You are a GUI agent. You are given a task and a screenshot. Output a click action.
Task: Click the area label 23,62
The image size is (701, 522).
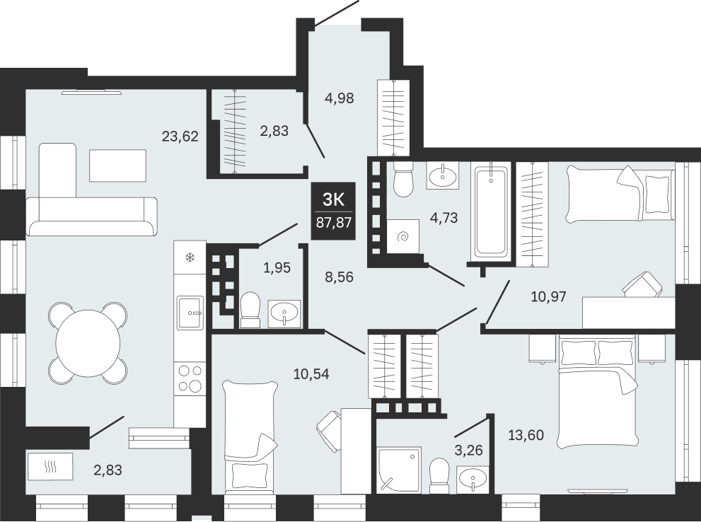180,136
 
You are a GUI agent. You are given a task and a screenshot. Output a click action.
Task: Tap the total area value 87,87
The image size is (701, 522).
333,223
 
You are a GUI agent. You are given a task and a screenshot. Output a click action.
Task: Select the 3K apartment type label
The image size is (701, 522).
333,200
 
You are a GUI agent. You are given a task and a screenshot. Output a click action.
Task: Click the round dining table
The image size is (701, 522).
88,343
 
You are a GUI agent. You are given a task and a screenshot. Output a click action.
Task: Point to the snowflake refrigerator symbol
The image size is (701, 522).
190,257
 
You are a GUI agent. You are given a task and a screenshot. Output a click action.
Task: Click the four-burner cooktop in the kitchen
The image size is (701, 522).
190,378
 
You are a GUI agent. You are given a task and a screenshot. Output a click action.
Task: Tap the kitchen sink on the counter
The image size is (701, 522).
190,313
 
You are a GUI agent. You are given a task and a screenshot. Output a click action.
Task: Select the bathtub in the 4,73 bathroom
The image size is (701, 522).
491,211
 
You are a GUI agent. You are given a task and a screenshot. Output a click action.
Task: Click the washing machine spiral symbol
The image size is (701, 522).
403,236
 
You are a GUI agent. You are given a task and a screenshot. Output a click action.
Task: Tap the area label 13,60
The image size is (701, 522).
526,434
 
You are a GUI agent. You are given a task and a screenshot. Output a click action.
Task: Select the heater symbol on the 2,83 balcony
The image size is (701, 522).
50,467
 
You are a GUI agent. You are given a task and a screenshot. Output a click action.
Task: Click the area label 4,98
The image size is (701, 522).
339,98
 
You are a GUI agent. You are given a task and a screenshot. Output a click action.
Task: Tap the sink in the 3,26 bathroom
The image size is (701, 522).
473,480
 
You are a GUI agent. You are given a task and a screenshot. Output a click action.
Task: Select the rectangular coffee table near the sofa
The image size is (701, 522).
117,166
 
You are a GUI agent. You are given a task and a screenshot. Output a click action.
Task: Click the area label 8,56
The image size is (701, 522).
338,277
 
